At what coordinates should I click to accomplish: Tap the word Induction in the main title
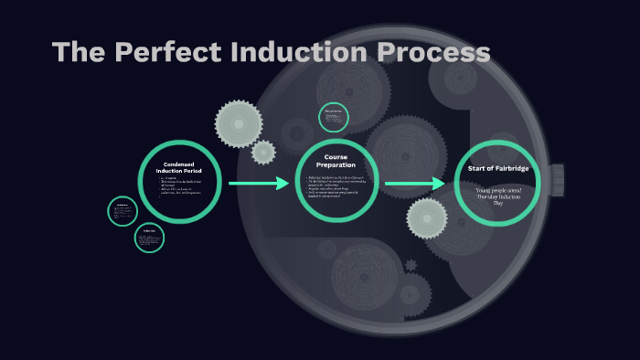click(x=299, y=53)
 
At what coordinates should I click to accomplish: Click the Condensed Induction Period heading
click(x=179, y=168)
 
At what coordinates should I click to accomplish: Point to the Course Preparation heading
click(x=336, y=161)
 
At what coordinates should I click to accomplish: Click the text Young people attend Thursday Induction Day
click(x=499, y=196)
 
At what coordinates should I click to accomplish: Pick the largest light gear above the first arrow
click(x=239, y=123)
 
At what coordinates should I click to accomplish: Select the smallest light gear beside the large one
click(x=263, y=152)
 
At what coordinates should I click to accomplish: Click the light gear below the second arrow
click(x=427, y=218)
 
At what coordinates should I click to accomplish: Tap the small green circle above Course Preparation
click(x=333, y=117)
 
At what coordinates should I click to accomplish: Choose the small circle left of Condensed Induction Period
click(x=122, y=211)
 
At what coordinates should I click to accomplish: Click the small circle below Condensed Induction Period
click(x=149, y=238)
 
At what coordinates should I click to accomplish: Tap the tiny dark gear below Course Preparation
click(x=411, y=266)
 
